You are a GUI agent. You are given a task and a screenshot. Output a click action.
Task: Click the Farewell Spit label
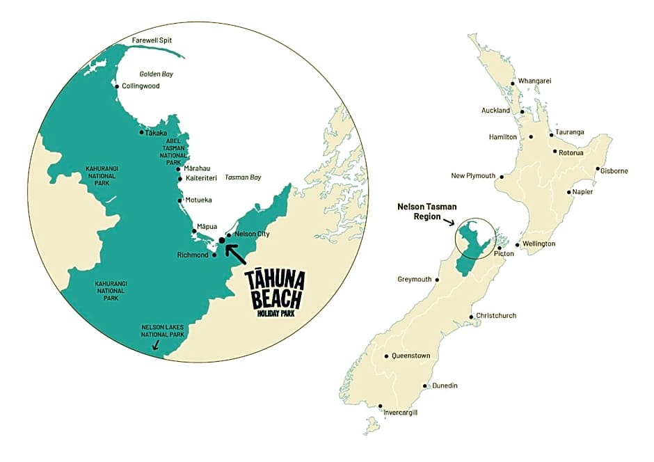tap(151, 40)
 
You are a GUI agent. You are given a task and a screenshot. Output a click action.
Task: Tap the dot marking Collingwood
tap(117, 86)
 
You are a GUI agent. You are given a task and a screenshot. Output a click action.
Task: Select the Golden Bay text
tap(156, 74)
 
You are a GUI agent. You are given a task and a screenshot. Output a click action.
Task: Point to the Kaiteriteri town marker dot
tap(180, 179)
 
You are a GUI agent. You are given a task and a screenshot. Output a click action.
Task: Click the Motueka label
tap(198, 200)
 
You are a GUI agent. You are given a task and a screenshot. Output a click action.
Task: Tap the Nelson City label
tap(253, 234)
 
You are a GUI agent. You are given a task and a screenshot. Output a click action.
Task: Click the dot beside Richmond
tap(214, 255)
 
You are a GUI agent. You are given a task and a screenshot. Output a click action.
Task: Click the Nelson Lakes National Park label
tap(163, 330)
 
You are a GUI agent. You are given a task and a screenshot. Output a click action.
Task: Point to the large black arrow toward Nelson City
tap(236, 251)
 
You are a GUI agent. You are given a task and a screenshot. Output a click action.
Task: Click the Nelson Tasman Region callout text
tap(425, 211)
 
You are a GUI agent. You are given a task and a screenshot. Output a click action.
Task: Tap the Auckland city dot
tap(522, 111)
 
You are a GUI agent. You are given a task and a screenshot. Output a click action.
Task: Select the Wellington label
tap(540, 244)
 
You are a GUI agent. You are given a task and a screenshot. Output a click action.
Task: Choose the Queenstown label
tap(410, 356)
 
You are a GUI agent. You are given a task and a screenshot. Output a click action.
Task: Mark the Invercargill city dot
tap(381, 406)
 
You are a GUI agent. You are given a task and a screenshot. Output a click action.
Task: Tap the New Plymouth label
tap(473, 175)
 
